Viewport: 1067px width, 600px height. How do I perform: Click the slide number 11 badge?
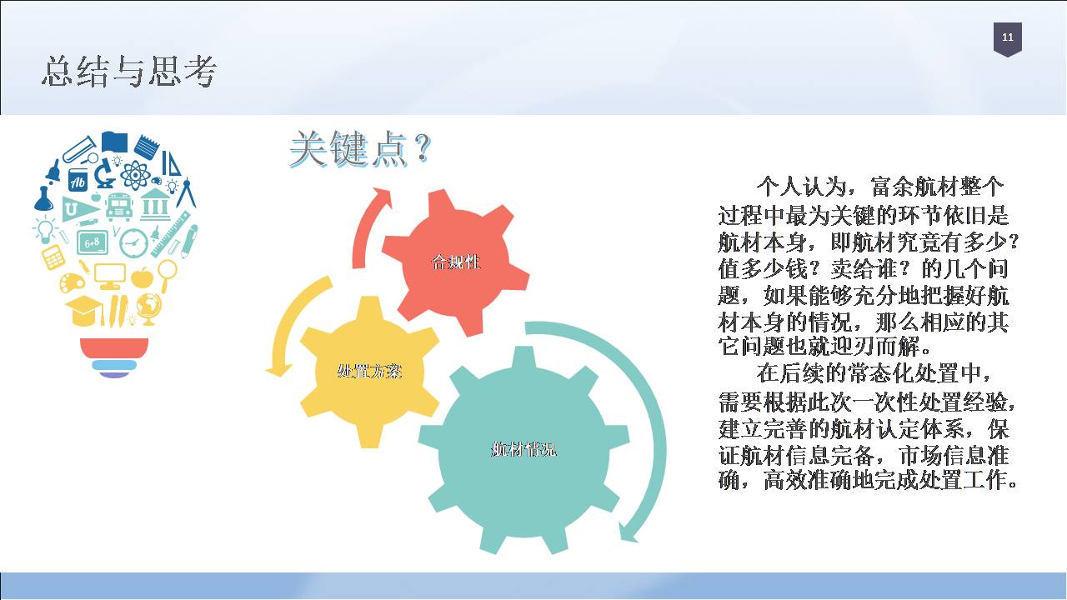(x=1007, y=39)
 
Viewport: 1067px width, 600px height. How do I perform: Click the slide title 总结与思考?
(x=129, y=72)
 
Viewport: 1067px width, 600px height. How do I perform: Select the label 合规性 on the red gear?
(x=455, y=262)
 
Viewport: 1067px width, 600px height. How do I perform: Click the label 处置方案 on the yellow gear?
(x=369, y=371)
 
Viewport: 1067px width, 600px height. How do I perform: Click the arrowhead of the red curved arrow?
(x=381, y=197)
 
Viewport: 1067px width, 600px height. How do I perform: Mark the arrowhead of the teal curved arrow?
(x=628, y=533)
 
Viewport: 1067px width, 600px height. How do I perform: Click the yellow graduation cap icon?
(x=84, y=311)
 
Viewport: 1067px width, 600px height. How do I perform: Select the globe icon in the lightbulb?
(x=148, y=308)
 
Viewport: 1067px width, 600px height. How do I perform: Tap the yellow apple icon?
(x=142, y=277)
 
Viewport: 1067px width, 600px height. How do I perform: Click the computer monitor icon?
(x=109, y=276)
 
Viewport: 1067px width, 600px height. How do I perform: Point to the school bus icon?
(x=118, y=207)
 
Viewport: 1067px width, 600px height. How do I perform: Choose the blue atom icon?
(x=136, y=174)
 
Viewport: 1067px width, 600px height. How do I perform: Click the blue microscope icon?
(x=104, y=172)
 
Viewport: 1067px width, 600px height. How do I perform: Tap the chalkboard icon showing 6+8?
(x=93, y=242)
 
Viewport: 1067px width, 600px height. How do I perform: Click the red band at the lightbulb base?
(x=114, y=347)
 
